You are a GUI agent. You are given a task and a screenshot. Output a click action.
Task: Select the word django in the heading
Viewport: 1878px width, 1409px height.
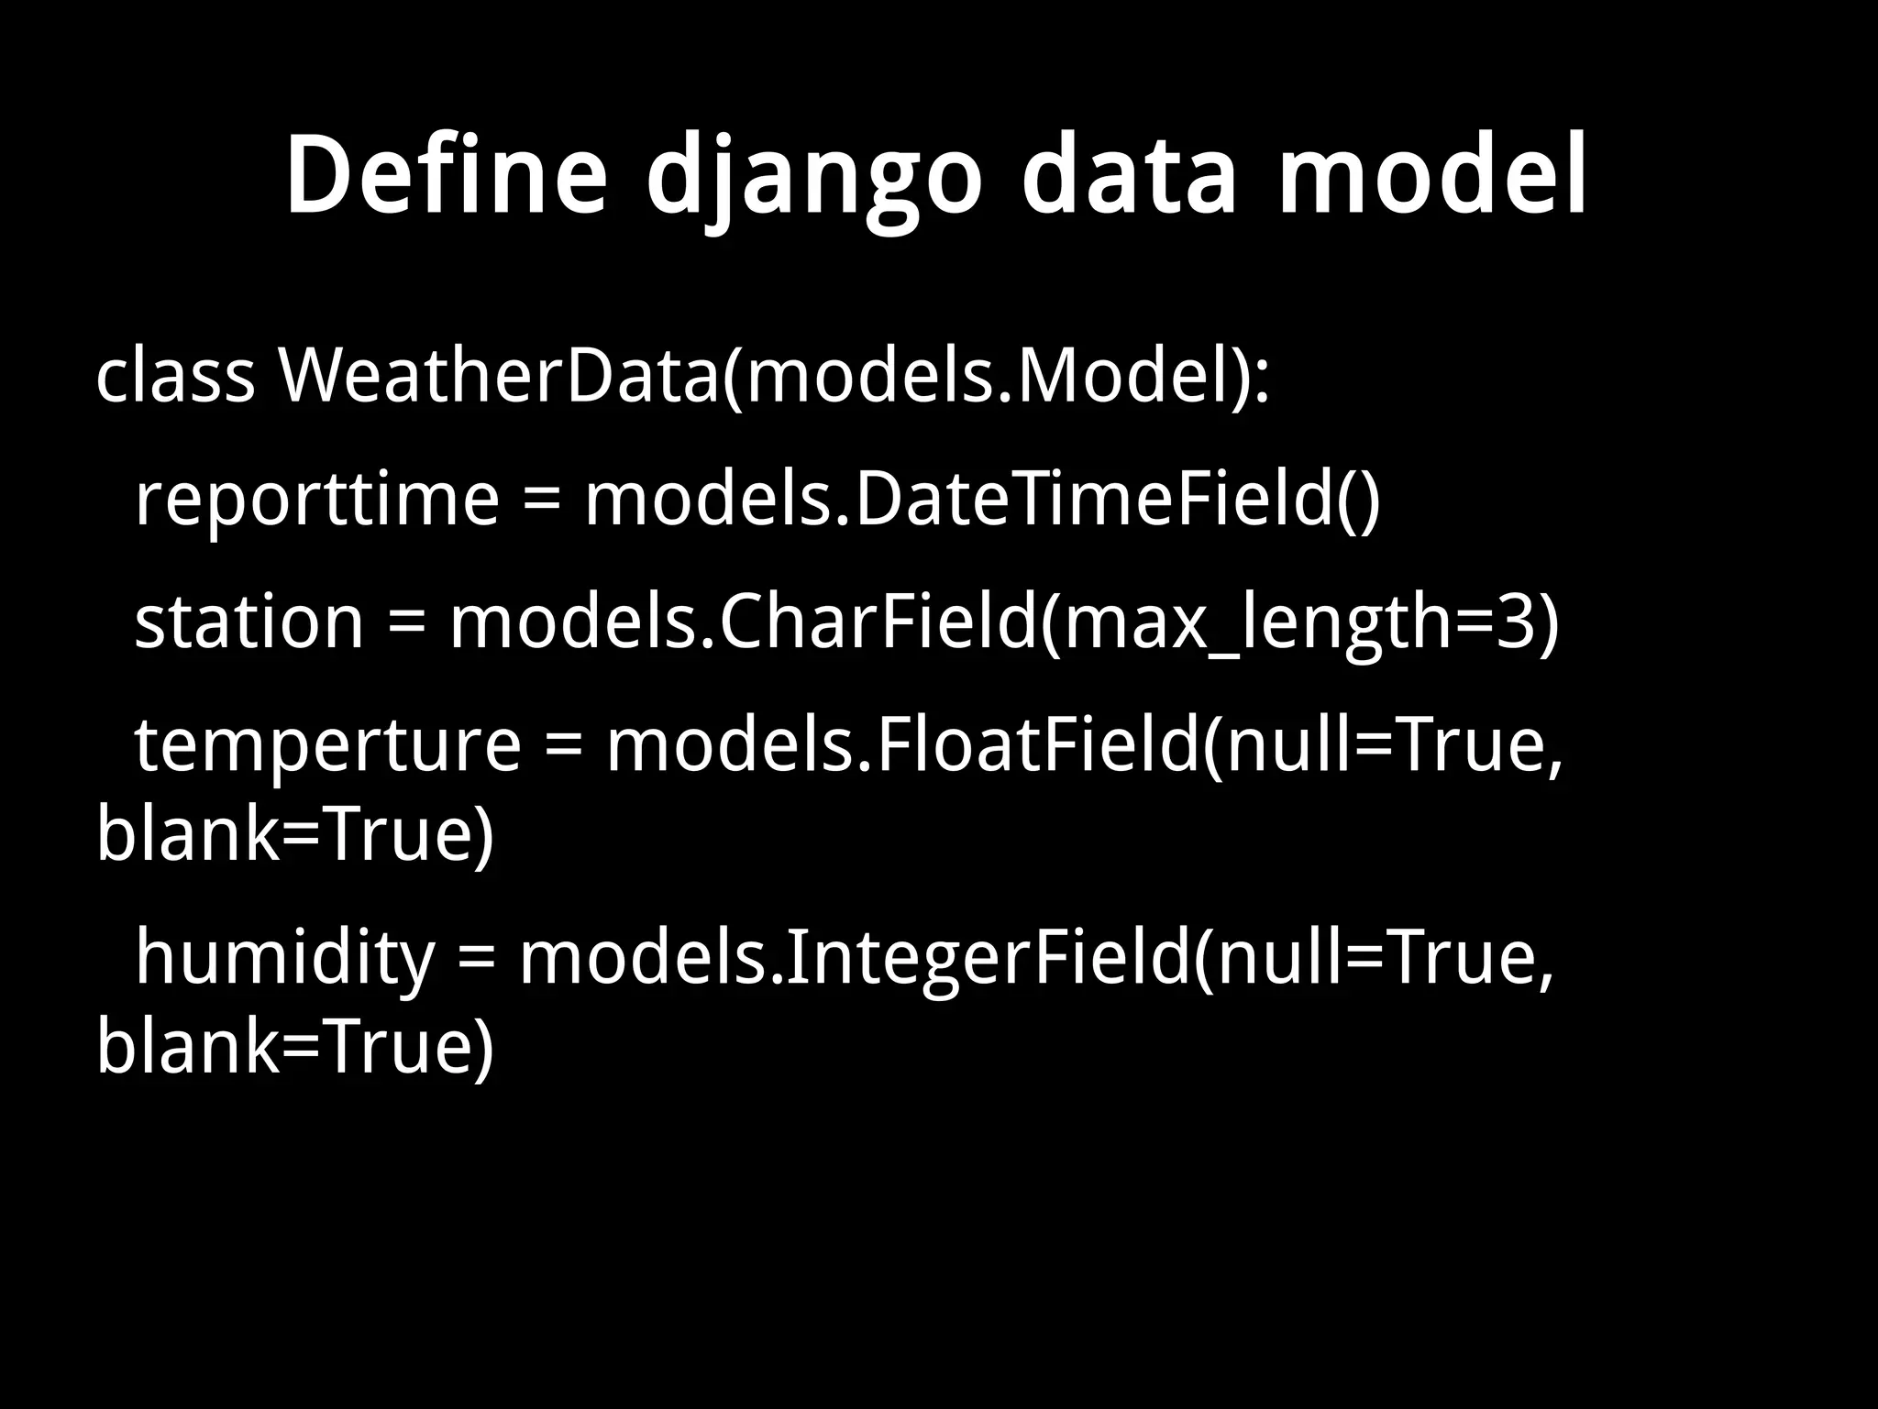click(x=814, y=179)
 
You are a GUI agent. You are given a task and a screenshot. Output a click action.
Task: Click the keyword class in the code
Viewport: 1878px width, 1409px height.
click(x=175, y=377)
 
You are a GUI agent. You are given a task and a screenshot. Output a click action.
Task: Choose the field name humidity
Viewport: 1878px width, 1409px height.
click(x=284, y=959)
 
